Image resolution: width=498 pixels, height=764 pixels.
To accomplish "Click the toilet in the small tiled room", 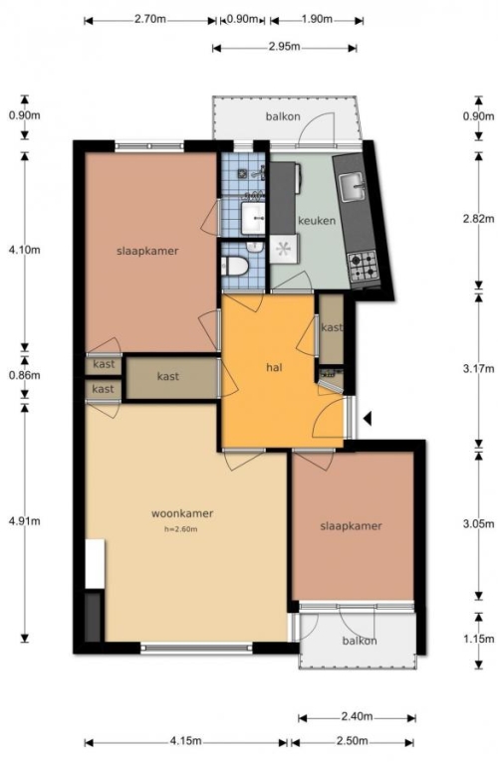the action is tap(235, 266).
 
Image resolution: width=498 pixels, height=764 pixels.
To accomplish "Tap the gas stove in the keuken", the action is tap(364, 267).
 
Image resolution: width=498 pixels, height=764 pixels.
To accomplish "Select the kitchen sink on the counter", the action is tap(353, 187).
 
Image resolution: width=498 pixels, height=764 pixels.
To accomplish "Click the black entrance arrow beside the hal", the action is tap(368, 418).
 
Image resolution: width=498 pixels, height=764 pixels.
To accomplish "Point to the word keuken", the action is tap(317, 220).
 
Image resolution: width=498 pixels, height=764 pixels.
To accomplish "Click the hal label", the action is tap(274, 367).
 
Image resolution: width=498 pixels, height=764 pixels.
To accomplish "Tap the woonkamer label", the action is tap(182, 513).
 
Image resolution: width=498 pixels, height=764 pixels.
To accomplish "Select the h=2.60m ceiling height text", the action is tap(181, 529).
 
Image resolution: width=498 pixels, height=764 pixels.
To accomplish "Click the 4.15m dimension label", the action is tap(185, 741).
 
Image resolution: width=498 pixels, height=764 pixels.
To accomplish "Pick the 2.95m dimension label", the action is tap(284, 47).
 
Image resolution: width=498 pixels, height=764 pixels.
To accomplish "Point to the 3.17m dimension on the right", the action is tap(478, 368).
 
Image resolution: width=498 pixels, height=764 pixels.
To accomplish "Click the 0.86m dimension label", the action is tap(24, 375).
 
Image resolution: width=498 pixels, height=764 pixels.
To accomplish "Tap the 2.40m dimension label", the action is tap(357, 716).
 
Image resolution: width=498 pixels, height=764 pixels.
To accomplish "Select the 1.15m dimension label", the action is tap(478, 639).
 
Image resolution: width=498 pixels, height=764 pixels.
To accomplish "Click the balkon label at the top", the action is tap(283, 116).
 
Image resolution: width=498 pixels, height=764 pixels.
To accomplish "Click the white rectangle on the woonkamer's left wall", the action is tap(95, 563).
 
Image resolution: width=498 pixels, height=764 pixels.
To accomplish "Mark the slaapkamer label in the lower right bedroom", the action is tap(351, 526).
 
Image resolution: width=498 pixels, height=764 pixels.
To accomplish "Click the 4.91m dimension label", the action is tap(24, 521).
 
